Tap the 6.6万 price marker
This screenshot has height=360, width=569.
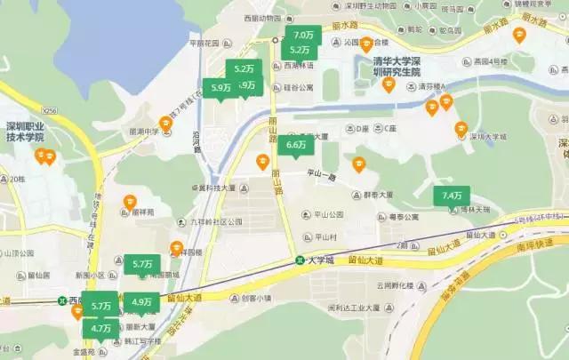click(x=295, y=144)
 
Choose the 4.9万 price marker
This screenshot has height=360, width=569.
click(x=140, y=303)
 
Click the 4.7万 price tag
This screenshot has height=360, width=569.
click(x=100, y=328)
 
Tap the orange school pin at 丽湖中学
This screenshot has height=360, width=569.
click(x=165, y=123)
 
